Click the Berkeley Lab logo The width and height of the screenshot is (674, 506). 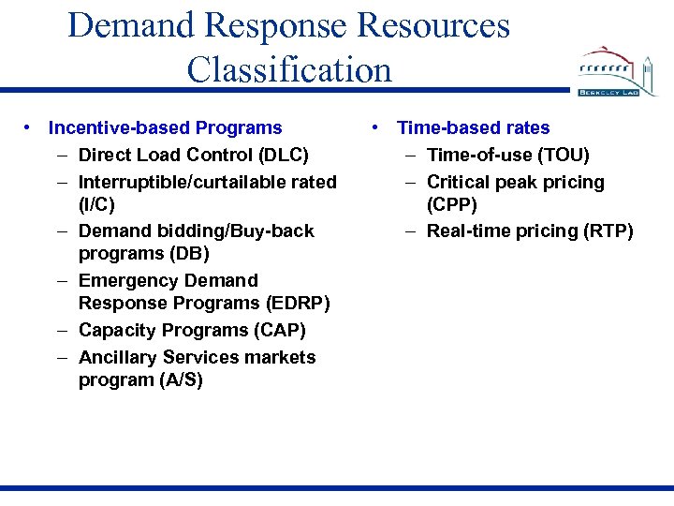point(619,73)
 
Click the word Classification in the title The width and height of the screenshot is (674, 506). point(289,69)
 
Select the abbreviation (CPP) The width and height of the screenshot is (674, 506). point(451,204)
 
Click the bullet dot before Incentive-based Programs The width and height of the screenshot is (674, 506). point(30,127)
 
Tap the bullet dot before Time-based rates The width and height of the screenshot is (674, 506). point(374,127)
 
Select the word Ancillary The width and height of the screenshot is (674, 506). point(118,357)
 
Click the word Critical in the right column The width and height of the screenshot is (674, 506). point(458,182)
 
